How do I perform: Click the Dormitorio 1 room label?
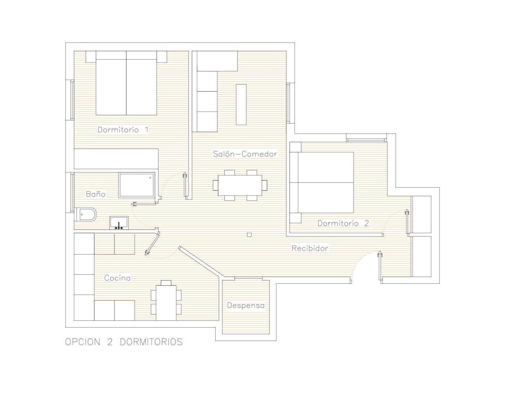coord(123,130)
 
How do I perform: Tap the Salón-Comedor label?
coord(245,154)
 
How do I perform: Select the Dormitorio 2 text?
coord(343,223)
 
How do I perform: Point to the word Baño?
coord(96,194)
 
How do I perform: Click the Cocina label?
coord(117,278)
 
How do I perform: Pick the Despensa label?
coord(246,306)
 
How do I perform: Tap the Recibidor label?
coord(310,248)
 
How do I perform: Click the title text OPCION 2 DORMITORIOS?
coord(124,342)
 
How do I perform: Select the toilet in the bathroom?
coord(85,214)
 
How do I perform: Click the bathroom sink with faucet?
coord(119,222)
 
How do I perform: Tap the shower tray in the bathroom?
coord(137,185)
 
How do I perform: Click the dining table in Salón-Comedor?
coord(240,185)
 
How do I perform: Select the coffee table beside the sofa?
coord(241,104)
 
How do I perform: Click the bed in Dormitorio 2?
coord(322,183)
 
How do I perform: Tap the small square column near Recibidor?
coord(249,235)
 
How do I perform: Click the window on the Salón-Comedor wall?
coord(290,103)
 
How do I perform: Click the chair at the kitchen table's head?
coord(166,283)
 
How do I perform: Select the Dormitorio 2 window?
coord(367,138)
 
